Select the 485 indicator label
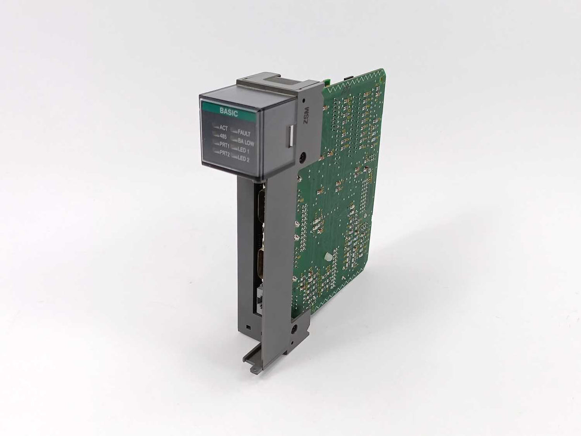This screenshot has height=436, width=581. tap(223, 136)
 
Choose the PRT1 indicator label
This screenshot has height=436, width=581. tap(224, 145)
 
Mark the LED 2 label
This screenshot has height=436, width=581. tap(243, 159)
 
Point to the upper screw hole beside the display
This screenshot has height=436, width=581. tap(302, 157)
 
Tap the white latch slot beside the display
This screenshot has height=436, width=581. tap(289, 135)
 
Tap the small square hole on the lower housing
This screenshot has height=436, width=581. tap(247, 326)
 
